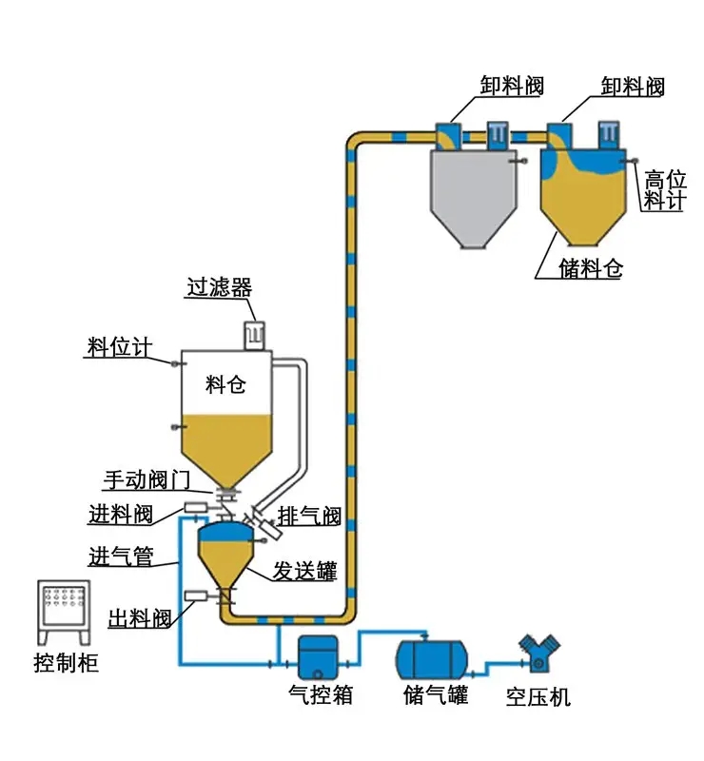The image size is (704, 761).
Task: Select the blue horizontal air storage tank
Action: [x=431, y=655]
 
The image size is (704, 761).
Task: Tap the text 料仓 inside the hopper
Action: [x=225, y=384]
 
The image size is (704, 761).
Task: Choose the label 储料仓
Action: [x=591, y=268]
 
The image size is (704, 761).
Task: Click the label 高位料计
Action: [x=664, y=189]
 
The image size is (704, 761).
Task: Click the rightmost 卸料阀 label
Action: [x=632, y=87]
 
